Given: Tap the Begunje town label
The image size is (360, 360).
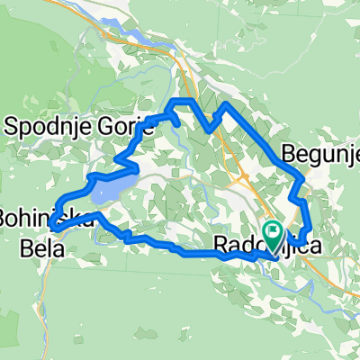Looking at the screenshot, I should [x=320, y=154].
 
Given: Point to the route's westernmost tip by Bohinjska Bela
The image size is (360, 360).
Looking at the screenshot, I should [x=53, y=228].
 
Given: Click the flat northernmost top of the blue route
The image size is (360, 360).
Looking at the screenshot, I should [x=184, y=100].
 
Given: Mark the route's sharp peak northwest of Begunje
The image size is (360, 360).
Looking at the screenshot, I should [x=226, y=106].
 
